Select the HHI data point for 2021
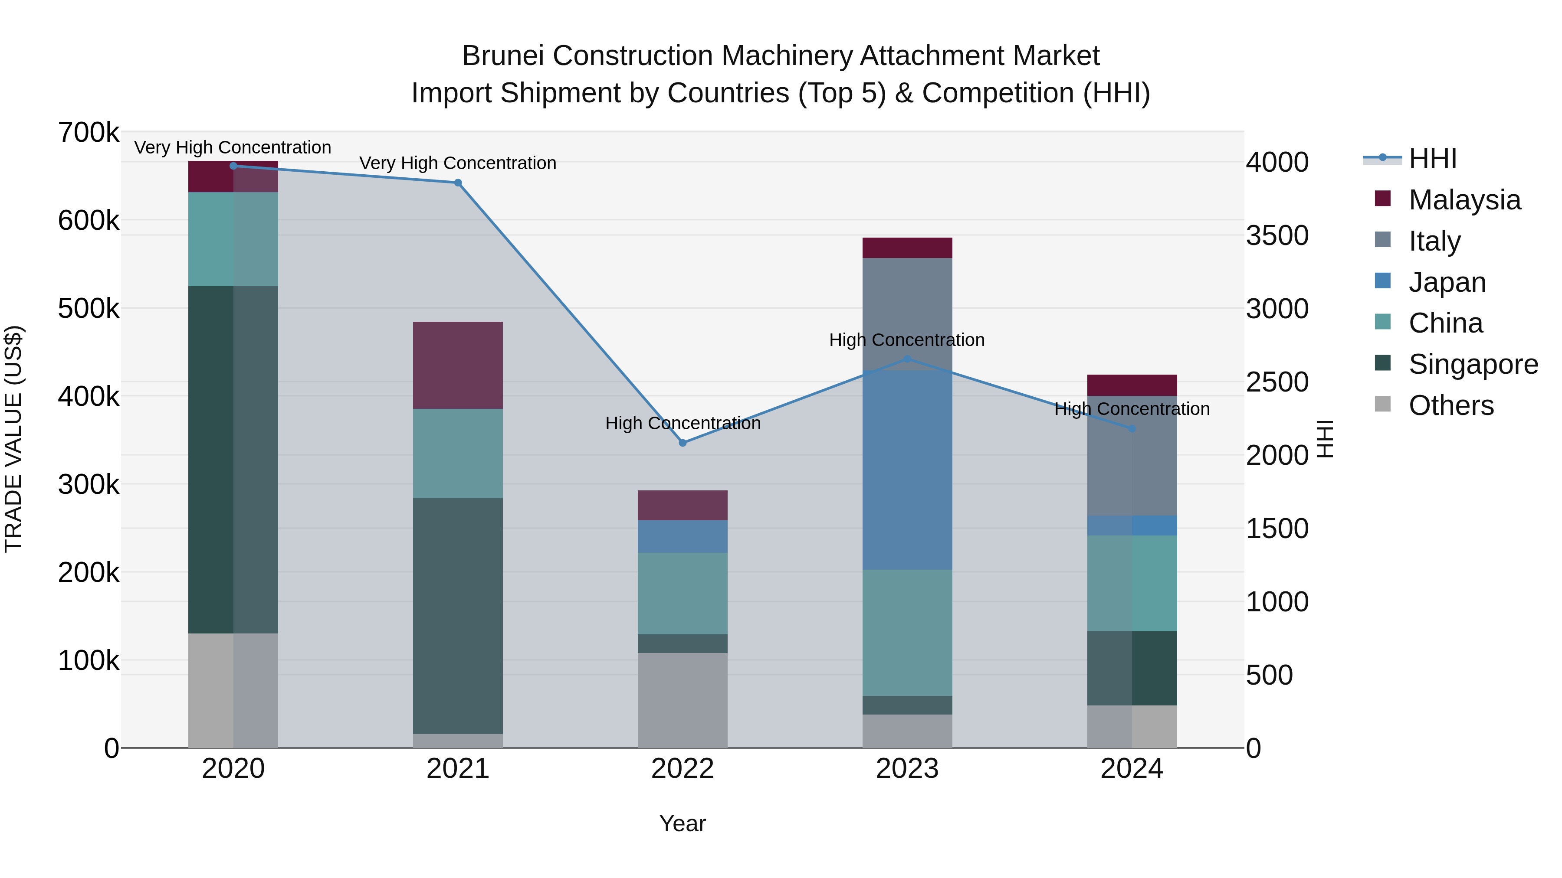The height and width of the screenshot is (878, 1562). [458, 183]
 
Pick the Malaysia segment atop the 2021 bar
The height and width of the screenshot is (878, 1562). [458, 366]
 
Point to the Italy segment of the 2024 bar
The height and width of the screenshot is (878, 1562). [1132, 456]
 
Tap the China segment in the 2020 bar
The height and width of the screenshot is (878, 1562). [233, 239]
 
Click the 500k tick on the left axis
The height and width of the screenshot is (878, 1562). [89, 308]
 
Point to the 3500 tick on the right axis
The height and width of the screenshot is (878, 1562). [1277, 236]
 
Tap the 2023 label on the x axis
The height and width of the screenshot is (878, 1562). [907, 769]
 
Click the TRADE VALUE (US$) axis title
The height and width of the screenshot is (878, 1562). [13, 439]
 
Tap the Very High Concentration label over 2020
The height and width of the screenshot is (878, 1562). [233, 147]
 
